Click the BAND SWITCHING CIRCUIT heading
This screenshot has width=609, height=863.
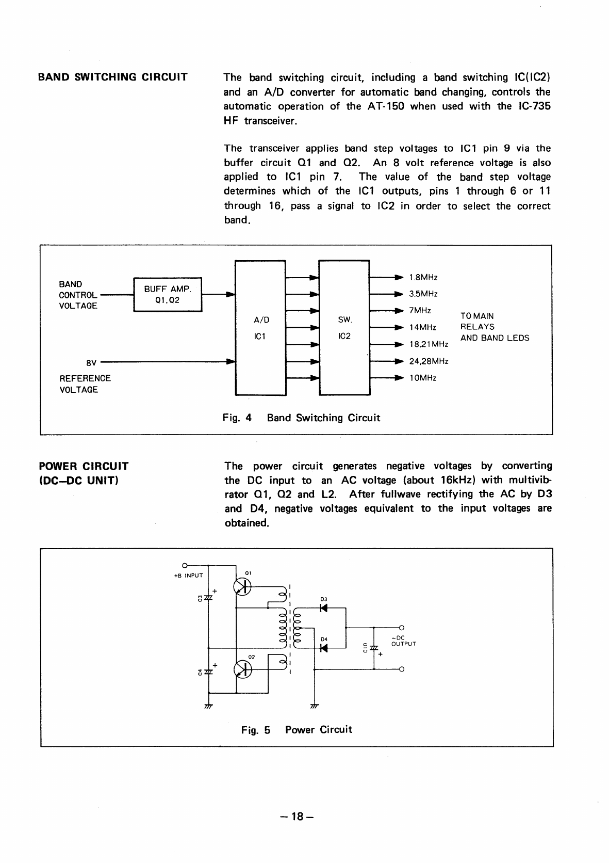(x=113, y=77)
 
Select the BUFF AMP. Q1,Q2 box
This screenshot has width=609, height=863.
(x=168, y=294)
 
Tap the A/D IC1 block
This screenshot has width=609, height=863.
(x=260, y=328)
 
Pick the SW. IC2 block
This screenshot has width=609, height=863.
(x=344, y=328)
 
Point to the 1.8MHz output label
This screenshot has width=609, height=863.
(x=423, y=278)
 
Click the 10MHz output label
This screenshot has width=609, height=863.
(x=423, y=378)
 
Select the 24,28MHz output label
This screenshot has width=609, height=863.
(x=429, y=361)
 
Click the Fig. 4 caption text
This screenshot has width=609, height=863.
(x=301, y=418)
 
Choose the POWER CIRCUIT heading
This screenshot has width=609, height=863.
(x=84, y=466)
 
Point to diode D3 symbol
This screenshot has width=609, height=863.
(x=324, y=608)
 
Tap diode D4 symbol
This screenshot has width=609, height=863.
(x=324, y=648)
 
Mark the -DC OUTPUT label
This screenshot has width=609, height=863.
(x=403, y=641)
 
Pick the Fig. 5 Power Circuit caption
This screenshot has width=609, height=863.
(x=297, y=729)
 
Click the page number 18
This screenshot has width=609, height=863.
(x=298, y=817)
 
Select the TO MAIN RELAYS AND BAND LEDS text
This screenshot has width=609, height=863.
(x=494, y=327)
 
